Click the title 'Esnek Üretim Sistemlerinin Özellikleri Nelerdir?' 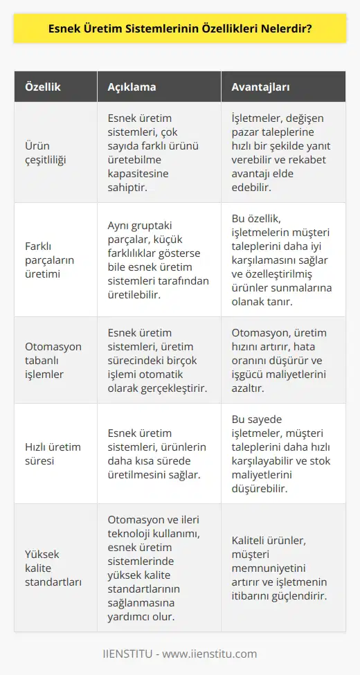pyautogui.click(x=179, y=31)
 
